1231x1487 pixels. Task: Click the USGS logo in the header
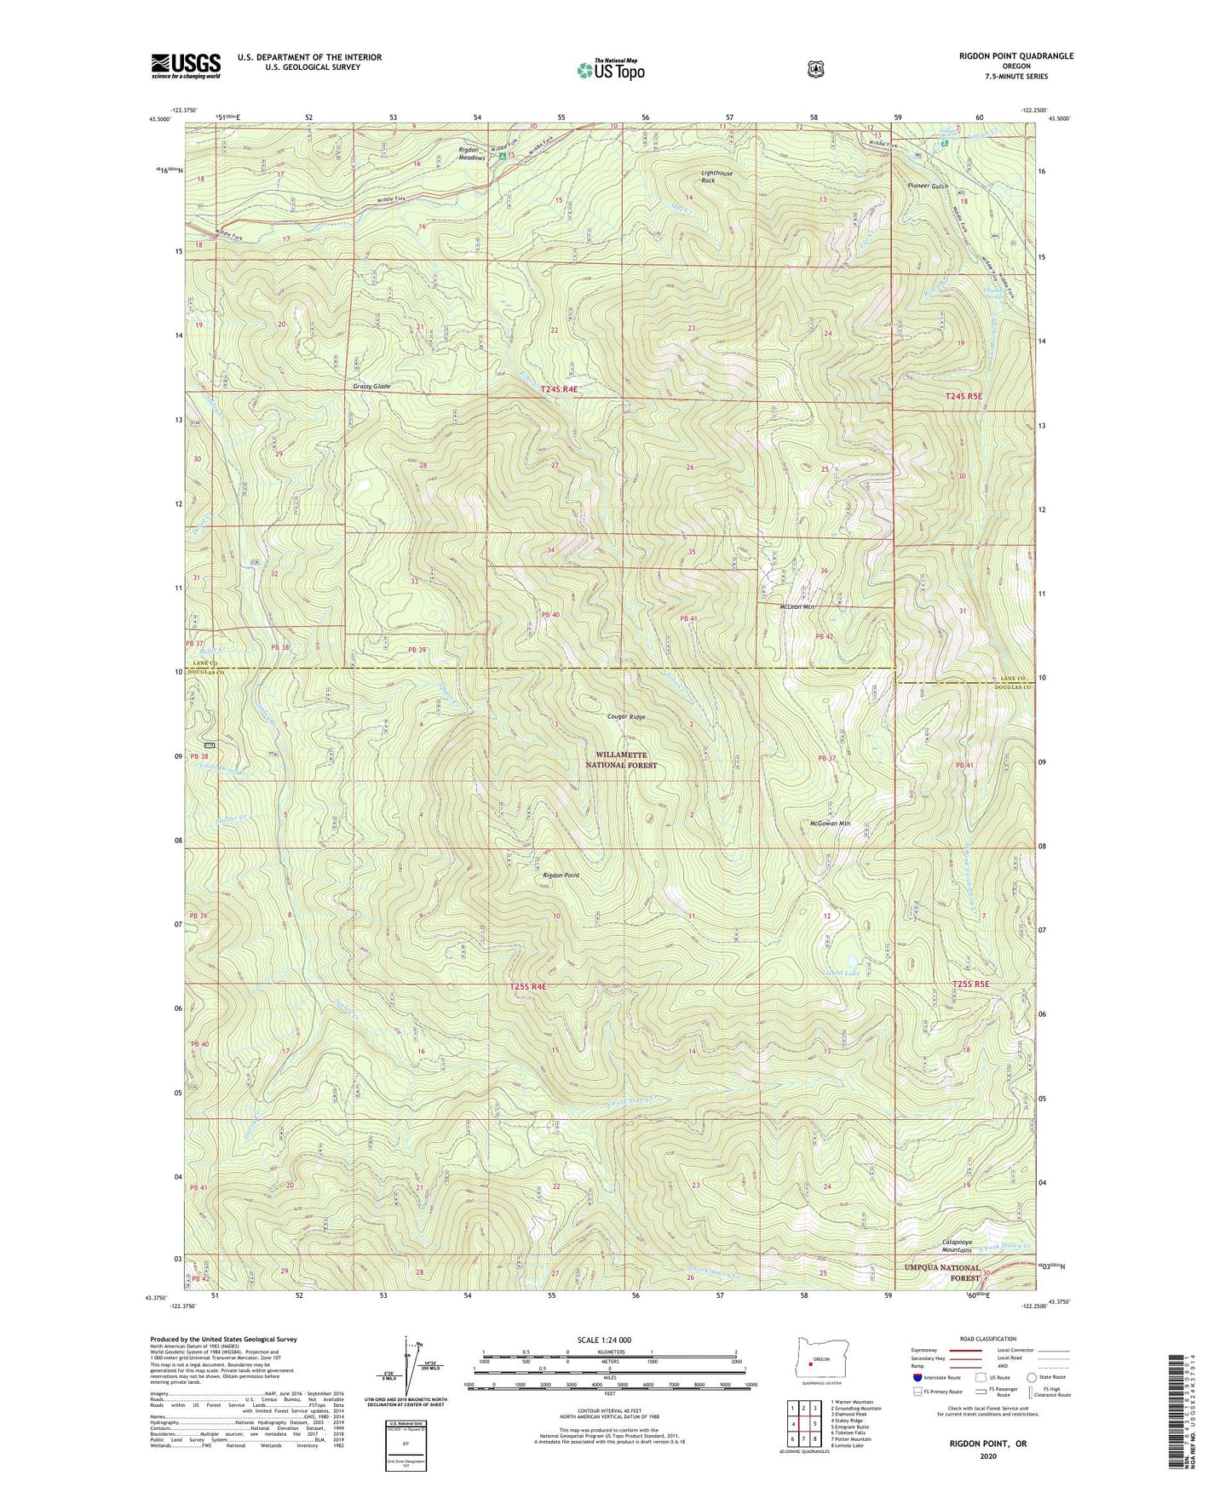click(186, 66)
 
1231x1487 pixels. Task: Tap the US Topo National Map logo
click(609, 70)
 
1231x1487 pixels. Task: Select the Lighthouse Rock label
click(716, 177)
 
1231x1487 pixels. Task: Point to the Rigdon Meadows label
click(471, 154)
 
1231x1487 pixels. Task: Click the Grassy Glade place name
click(371, 387)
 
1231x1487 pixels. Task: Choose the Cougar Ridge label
click(626, 717)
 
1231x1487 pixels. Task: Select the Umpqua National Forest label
click(941, 1272)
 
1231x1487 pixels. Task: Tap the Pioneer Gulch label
click(928, 186)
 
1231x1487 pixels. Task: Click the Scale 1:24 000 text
click(604, 1340)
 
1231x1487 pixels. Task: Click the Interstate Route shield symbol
click(917, 1376)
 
